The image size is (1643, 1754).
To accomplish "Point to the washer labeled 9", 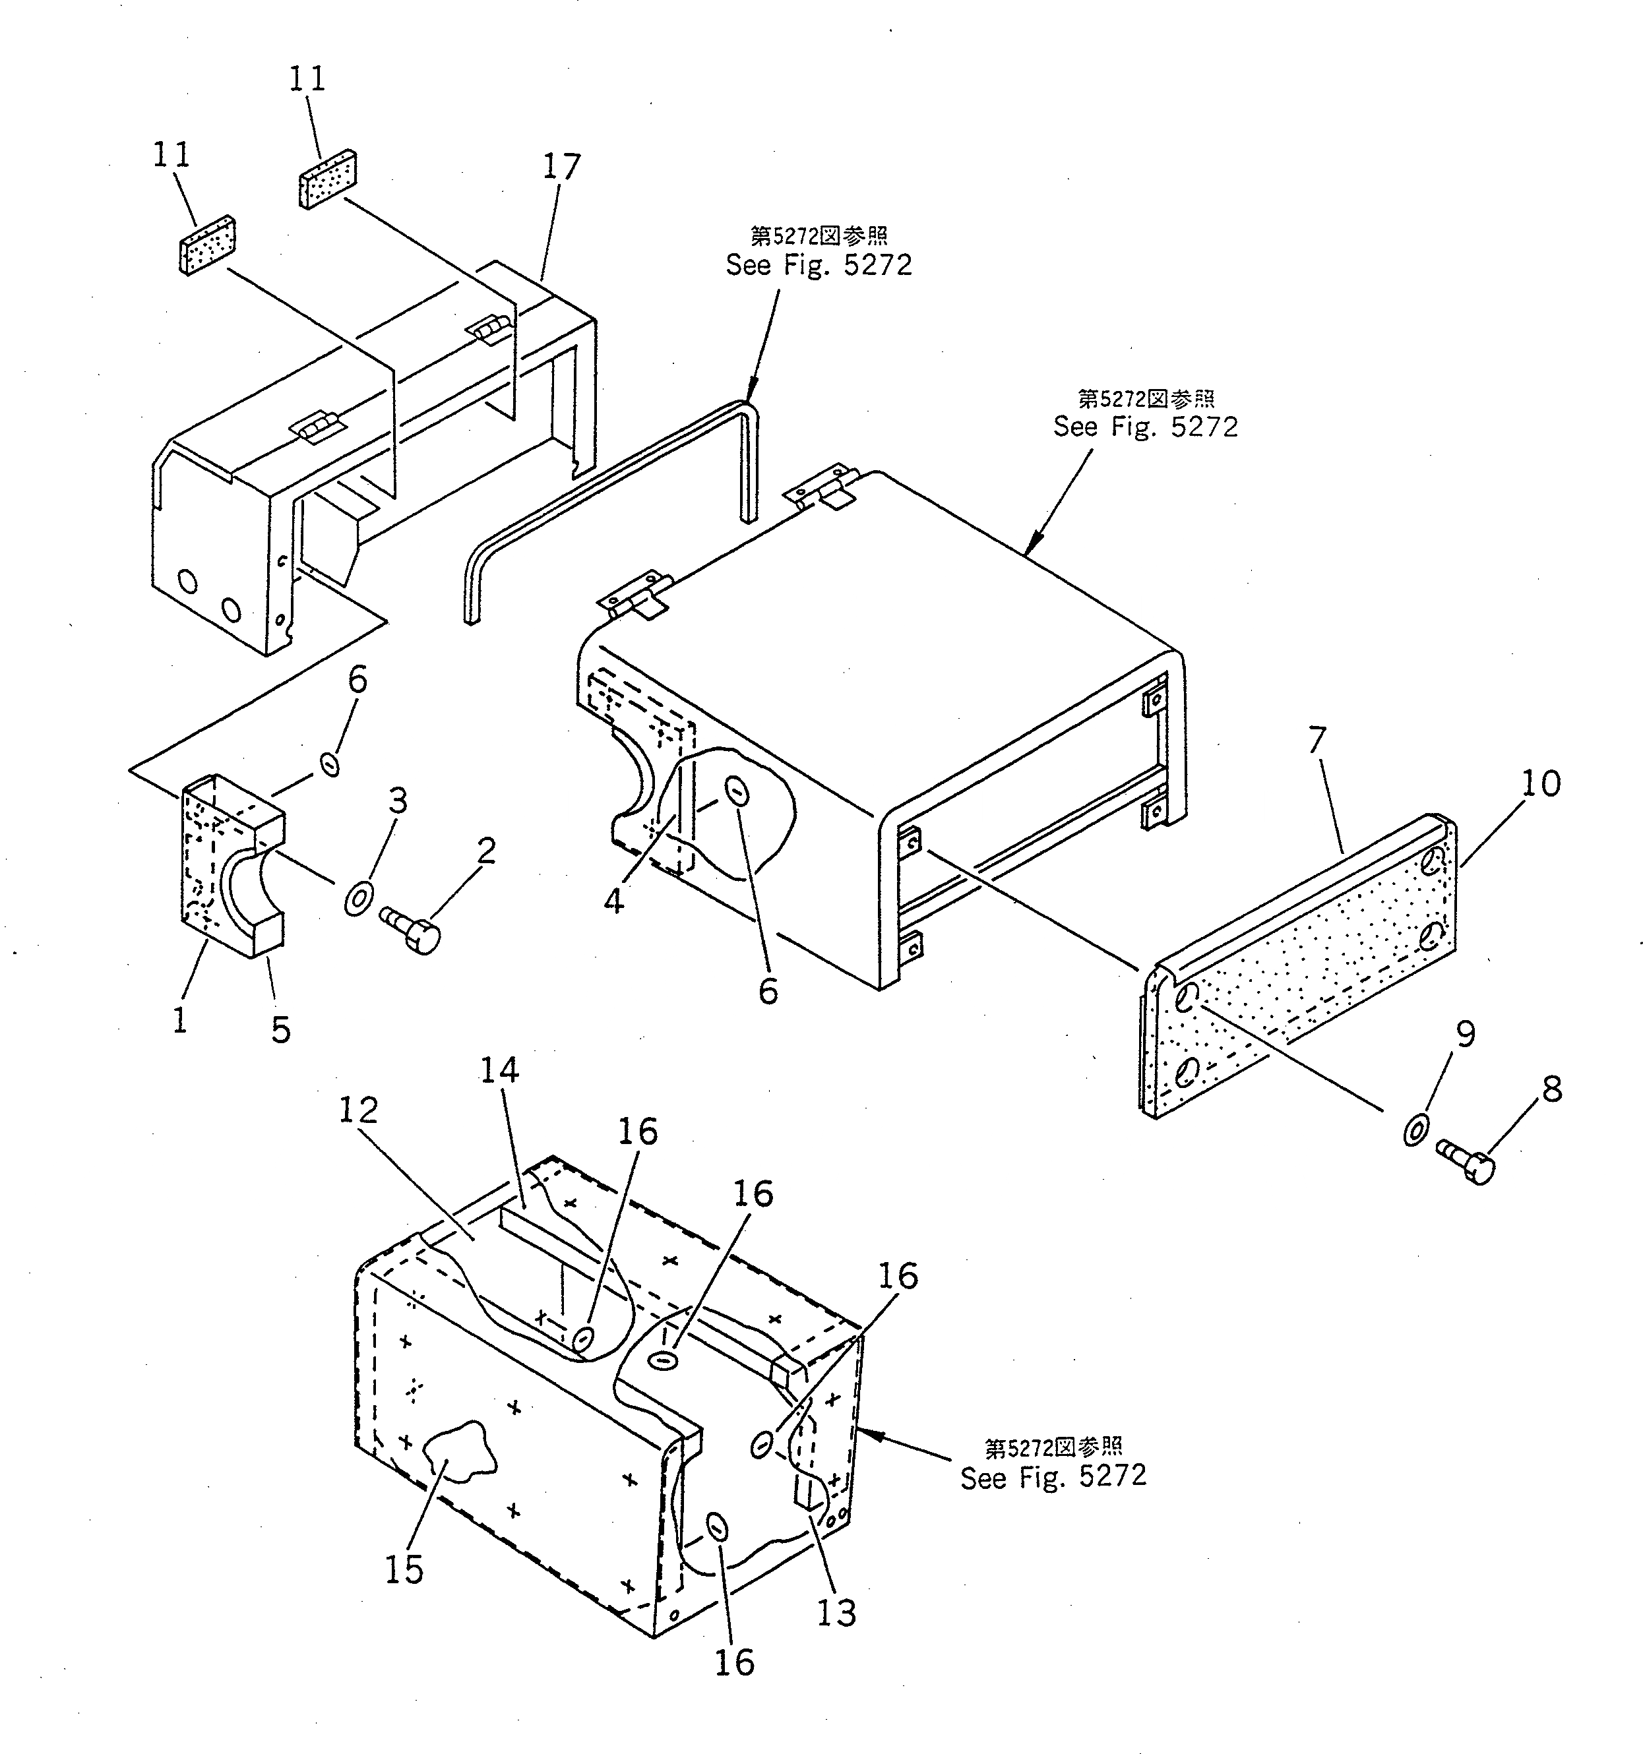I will pyautogui.click(x=1416, y=1130).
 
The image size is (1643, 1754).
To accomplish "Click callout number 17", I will pyautogui.click(x=562, y=167).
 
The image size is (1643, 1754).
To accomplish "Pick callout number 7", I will pyautogui.click(x=1317, y=741).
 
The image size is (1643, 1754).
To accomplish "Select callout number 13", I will pyautogui.click(x=836, y=1613).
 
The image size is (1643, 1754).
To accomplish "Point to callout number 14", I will pyautogui.click(x=499, y=1071).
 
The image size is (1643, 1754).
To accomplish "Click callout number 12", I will pyautogui.click(x=358, y=1110).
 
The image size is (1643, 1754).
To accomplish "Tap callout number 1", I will pyautogui.click(x=180, y=1021).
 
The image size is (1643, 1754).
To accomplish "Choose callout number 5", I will pyautogui.click(x=280, y=1029).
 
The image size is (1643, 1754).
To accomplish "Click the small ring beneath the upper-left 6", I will pyautogui.click(x=330, y=764).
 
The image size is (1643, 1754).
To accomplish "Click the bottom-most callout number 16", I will pyautogui.click(x=734, y=1662).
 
